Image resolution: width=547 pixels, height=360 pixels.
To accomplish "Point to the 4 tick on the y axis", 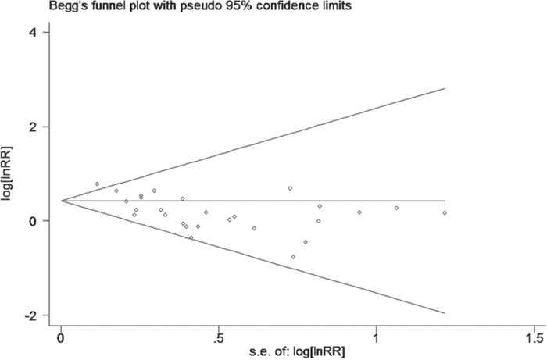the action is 45,32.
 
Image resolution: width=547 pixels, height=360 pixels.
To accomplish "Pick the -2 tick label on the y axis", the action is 33,315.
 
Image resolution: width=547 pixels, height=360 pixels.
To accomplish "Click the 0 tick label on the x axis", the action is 62,338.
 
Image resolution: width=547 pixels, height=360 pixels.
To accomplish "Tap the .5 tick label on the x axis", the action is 219,338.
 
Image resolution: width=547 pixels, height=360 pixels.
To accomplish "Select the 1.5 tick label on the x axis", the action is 534,338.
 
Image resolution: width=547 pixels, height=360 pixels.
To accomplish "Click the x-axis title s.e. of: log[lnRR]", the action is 297,352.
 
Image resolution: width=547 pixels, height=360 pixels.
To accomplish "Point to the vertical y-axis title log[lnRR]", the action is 7,173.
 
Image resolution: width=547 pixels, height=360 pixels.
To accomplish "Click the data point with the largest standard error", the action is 445,213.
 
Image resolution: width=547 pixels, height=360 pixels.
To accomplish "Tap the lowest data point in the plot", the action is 293,257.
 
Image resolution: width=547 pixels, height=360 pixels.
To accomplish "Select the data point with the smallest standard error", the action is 97,184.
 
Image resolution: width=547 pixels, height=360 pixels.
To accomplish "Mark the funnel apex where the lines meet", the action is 62,201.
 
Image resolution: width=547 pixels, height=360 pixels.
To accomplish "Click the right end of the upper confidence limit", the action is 445,88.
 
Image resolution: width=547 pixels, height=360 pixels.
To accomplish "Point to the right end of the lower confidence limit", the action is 445,313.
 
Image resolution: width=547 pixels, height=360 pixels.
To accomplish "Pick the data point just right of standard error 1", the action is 396,208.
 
